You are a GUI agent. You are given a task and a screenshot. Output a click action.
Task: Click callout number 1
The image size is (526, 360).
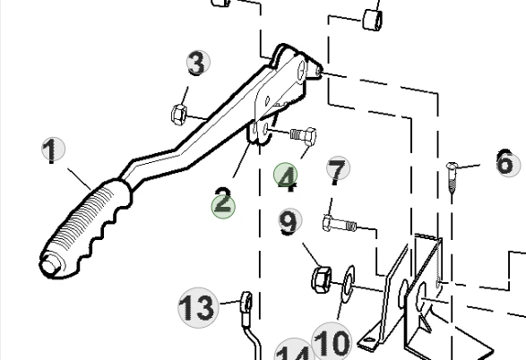click(53, 150)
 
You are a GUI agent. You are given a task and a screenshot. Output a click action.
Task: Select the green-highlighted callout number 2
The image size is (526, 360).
click(222, 202)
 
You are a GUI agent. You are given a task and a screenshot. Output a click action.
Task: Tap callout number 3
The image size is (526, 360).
click(196, 64)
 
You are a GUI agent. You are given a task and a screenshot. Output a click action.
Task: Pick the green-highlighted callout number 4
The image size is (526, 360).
click(287, 177)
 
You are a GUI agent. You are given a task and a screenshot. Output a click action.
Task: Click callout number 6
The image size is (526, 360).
click(504, 162)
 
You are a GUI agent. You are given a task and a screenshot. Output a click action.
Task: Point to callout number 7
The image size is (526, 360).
click(336, 169)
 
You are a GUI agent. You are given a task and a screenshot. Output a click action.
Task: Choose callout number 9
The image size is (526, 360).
click(289, 221)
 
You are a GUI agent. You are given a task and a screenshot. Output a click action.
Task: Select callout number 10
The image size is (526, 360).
click(331, 341)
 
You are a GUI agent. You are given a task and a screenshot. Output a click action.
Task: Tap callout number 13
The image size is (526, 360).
click(197, 307)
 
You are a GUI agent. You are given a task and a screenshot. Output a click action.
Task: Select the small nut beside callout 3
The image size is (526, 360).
click(177, 114)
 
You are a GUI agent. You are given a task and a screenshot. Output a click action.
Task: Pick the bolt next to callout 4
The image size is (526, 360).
click(302, 137)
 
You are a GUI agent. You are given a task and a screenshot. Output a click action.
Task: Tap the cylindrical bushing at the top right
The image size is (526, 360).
click(374, 15)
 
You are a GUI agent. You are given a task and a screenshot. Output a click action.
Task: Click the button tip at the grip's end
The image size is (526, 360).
click(48, 266)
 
